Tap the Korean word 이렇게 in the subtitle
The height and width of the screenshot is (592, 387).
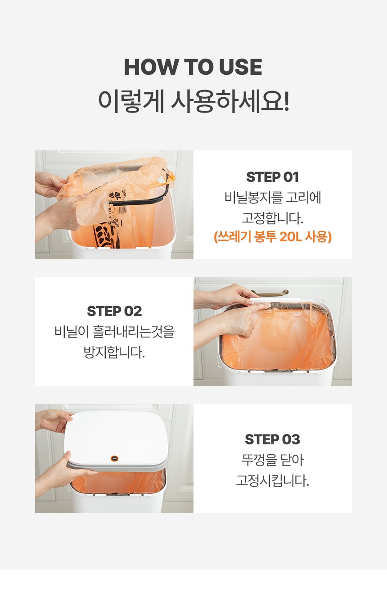click(131, 101)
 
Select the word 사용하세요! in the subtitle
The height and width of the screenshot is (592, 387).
click(230, 101)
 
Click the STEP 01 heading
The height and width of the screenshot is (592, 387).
click(272, 177)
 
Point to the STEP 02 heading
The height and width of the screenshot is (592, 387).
click(114, 311)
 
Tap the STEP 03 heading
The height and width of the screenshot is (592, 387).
click(272, 439)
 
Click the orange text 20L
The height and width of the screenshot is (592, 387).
click(291, 236)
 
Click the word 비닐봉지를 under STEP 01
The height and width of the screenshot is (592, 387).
click(254, 198)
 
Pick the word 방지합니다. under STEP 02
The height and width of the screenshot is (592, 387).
click(114, 352)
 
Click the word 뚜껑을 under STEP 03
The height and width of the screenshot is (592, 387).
click(257, 460)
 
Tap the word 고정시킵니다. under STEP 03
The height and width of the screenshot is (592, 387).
click(272, 480)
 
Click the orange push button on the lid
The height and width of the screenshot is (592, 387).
click(114, 459)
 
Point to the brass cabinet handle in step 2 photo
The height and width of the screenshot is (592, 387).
click(270, 293)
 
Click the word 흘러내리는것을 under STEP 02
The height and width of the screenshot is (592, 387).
click(133, 332)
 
